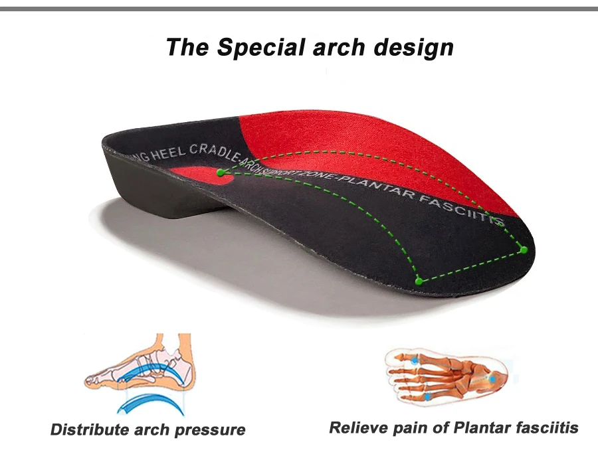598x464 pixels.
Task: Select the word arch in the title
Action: pyautogui.click(x=342, y=48)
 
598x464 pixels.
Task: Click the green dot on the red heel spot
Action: pyautogui.click(x=220, y=173)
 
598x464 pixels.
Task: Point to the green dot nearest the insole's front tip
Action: pyautogui.click(x=524, y=250)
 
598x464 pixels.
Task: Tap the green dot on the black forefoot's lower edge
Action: pyautogui.click(x=419, y=281)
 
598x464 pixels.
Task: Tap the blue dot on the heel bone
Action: pyautogui.click(x=492, y=378)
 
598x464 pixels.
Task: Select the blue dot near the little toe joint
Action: pyautogui.click(x=427, y=396)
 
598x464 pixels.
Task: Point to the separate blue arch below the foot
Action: pyautogui.click(x=141, y=403)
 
